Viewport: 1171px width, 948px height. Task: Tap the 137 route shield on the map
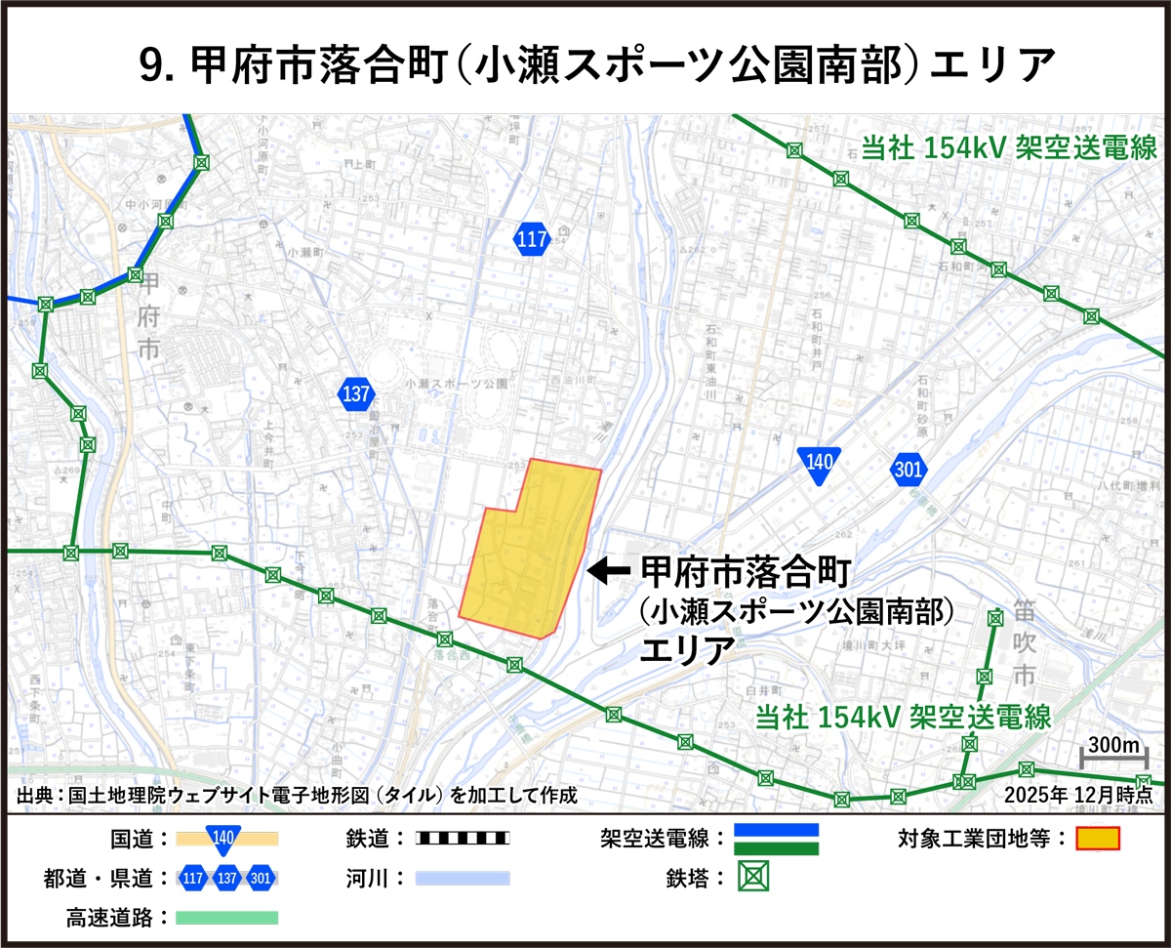(x=356, y=394)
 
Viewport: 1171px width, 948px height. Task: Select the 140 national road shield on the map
(x=818, y=466)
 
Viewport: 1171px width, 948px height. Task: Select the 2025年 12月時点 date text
(x=1078, y=794)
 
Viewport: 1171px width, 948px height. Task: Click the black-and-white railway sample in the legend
(x=463, y=838)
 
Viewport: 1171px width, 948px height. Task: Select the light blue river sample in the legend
(x=463, y=879)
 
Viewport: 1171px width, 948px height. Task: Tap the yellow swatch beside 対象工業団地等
(x=1098, y=839)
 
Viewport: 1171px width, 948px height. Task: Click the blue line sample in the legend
(x=777, y=831)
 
